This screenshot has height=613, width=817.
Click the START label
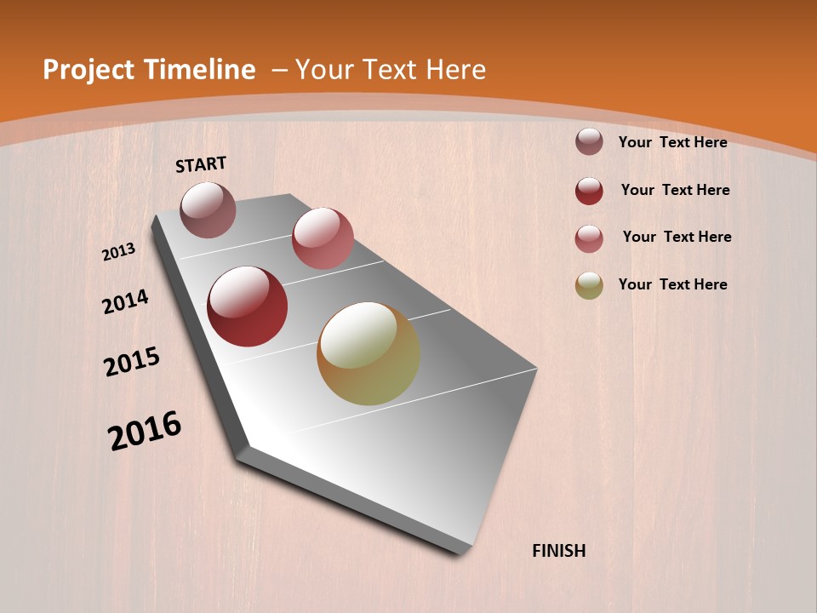tap(201, 164)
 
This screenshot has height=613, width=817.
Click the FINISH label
tap(558, 551)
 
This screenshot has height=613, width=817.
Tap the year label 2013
tap(119, 251)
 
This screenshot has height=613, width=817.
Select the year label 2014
tap(125, 302)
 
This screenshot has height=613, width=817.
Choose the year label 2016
tap(145, 430)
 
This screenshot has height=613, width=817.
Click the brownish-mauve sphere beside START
tap(208, 209)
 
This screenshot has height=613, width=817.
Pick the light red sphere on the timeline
tap(323, 238)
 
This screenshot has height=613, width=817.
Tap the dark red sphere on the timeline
tap(247, 306)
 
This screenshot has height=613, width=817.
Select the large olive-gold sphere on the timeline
tap(369, 353)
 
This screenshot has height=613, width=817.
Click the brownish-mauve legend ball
tap(589, 141)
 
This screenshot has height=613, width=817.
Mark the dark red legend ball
tap(589, 191)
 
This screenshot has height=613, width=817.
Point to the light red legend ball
tap(589, 238)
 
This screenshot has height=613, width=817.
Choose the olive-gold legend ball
tap(589, 285)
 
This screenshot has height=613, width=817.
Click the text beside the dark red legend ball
tap(675, 190)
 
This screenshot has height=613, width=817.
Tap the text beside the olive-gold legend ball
tap(672, 284)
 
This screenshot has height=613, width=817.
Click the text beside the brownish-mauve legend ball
tap(672, 142)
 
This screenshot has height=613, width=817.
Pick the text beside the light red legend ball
tap(677, 237)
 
